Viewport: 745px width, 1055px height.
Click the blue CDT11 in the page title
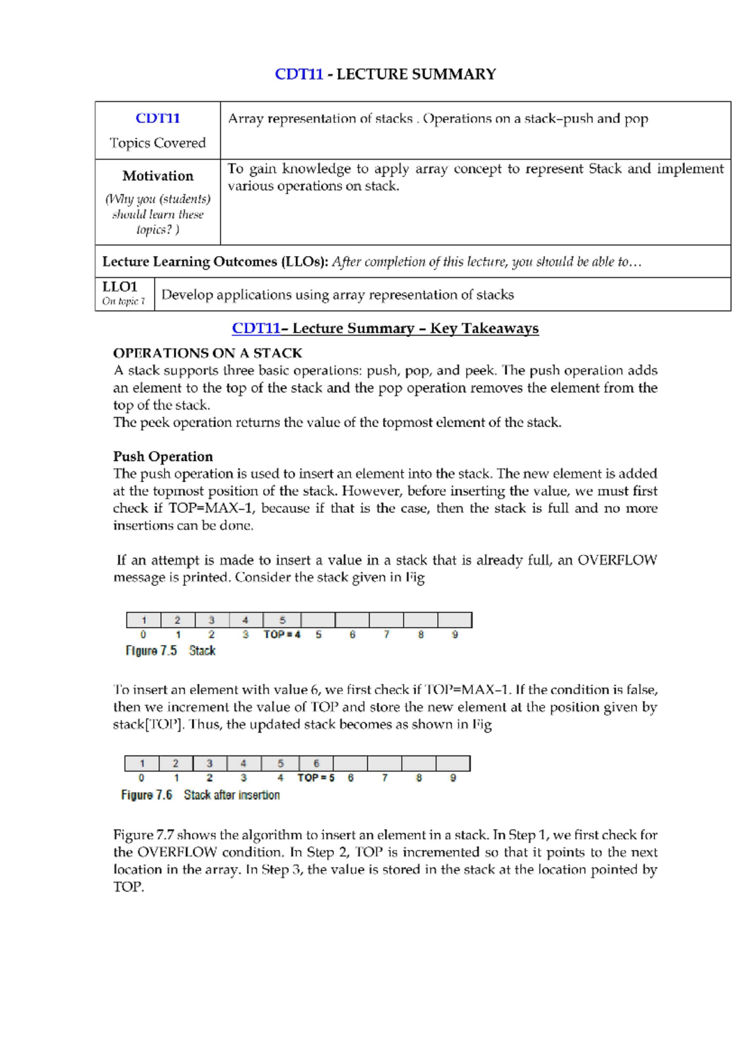299,75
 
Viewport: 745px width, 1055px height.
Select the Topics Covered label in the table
158,143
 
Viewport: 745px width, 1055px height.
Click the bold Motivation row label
158,176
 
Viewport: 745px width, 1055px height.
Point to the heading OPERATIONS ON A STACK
207,353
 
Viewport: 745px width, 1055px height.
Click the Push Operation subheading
163,456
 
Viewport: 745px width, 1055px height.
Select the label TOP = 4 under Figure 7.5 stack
282,634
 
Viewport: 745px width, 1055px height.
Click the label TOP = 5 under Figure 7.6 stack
315,778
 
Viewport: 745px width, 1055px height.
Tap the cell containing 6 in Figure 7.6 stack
316,764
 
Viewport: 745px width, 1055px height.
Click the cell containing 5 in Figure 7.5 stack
282,620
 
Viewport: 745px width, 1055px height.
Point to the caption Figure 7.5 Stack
171,651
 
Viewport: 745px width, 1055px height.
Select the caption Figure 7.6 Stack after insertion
200,795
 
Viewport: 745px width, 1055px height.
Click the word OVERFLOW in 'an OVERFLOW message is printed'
616,560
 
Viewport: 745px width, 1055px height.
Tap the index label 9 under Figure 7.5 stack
455,634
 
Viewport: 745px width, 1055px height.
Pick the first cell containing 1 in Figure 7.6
142,764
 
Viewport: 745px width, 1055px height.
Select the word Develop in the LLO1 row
186,295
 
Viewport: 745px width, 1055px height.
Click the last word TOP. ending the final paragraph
129,887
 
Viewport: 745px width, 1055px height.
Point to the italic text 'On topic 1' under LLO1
124,301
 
